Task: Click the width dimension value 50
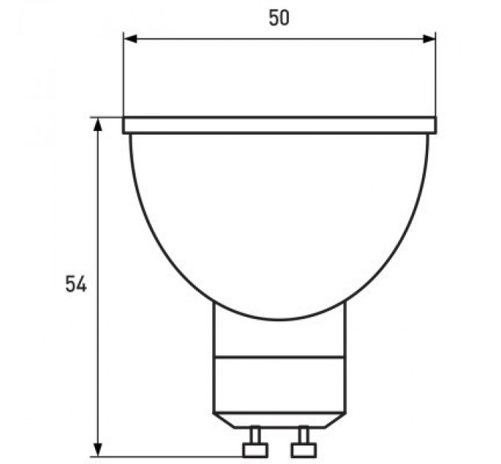tap(279, 18)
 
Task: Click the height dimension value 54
tap(76, 284)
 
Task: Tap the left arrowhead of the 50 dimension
tap(130, 39)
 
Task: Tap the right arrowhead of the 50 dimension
tap(429, 39)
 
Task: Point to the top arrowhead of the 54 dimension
tap(98, 125)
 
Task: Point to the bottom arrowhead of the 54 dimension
tap(98, 449)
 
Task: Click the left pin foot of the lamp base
tap(255, 450)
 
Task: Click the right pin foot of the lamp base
tap(304, 450)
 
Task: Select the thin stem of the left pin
tap(255, 435)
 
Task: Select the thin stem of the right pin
tap(304, 435)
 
